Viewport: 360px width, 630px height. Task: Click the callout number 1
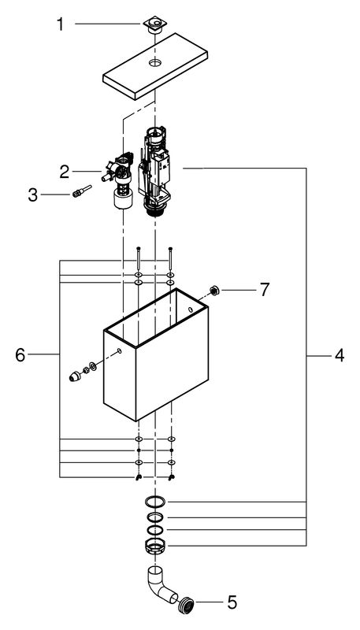[60, 24]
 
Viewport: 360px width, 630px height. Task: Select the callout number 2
[65, 172]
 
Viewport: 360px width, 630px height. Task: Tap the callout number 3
[33, 195]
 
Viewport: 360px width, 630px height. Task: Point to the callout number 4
[340, 355]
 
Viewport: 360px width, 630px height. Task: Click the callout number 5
[232, 602]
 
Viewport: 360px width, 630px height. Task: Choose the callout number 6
[20, 355]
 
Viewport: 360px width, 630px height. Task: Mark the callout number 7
[264, 290]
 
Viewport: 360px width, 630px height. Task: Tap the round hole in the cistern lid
[155, 62]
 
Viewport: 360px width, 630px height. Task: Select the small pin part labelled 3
[82, 191]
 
